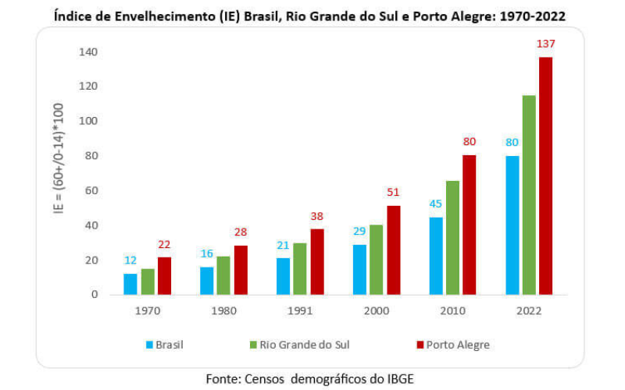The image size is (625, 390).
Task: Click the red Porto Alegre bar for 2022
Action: pos(545,175)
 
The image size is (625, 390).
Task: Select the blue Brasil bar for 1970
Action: pos(130,284)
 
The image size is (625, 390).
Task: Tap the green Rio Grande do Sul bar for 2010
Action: pos(453,238)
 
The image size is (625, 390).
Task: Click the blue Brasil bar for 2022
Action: pos(512,225)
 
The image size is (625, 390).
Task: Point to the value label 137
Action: pos(545,44)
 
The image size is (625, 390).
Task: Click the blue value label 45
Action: pos(436,205)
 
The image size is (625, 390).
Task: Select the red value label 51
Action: pos(394,193)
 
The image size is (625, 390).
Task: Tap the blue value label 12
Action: pos(130,261)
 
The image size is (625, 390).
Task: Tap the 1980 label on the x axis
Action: pos(223,310)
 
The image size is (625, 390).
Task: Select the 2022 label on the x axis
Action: pos(529,310)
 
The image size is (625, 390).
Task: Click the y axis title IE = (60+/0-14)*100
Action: pos(60,173)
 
